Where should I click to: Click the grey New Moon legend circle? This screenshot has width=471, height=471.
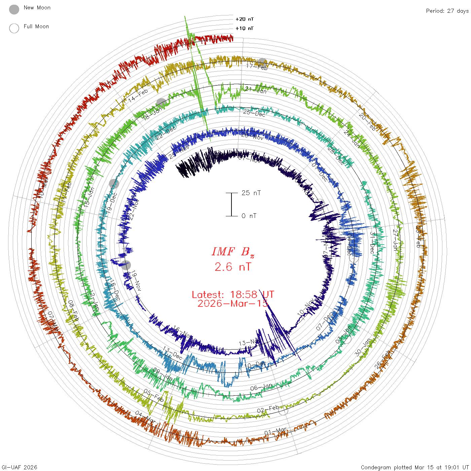point(14,10)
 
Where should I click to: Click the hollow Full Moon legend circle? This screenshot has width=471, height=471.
point(14,28)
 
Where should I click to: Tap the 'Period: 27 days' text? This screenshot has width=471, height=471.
point(447,11)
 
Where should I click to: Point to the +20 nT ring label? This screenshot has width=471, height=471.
point(245,19)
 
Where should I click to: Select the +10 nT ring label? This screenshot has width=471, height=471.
point(245,28)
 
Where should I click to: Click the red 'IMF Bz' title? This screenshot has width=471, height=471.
point(233,252)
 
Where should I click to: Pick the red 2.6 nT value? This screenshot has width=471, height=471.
point(233,267)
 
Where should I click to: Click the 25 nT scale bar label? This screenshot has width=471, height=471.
point(251,193)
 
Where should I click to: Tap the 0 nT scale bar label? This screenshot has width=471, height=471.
point(249,216)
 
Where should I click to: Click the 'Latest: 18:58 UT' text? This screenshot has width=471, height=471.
point(233,295)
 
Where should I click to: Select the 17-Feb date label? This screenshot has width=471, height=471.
point(257,67)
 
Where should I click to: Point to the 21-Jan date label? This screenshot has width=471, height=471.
point(256,90)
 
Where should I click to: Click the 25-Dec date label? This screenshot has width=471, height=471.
point(254,113)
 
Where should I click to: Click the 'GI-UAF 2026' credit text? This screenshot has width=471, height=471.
point(20,467)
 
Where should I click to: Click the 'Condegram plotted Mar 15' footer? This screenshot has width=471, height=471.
point(414,467)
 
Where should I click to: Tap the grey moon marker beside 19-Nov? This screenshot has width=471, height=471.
point(126,265)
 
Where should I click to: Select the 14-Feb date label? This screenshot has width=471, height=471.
point(138,96)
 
